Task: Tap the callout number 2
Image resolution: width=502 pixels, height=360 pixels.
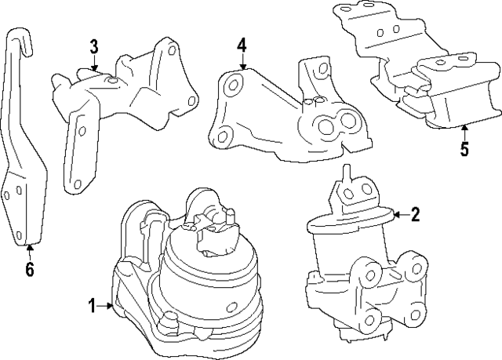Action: pos(416,213)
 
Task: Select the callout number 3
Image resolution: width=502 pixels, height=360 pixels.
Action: pos(93,46)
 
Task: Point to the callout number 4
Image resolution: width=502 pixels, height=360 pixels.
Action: pos(242,47)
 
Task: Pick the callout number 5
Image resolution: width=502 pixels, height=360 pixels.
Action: pos(464,149)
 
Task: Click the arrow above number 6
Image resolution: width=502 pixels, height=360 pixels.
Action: pos(29,249)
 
